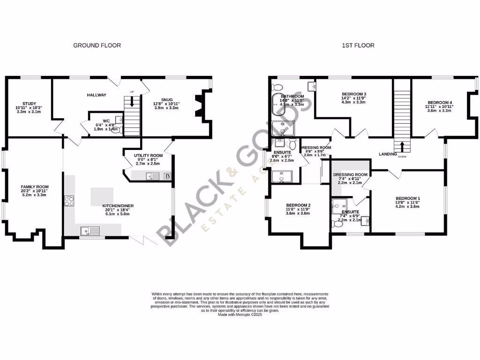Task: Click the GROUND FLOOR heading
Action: pyautogui.click(x=97, y=45)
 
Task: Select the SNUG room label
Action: pyautogui.click(x=166, y=99)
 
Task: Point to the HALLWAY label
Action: pyautogui.click(x=96, y=95)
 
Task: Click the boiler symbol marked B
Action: pyautogui.click(x=167, y=176)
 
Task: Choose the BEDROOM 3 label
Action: pyautogui.click(x=353, y=94)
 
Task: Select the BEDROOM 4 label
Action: pyautogui.click(x=439, y=103)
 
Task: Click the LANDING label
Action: pyautogui.click(x=388, y=154)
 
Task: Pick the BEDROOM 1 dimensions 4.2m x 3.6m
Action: pyautogui.click(x=407, y=206)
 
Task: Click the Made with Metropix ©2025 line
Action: pyautogui.click(x=240, y=315)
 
